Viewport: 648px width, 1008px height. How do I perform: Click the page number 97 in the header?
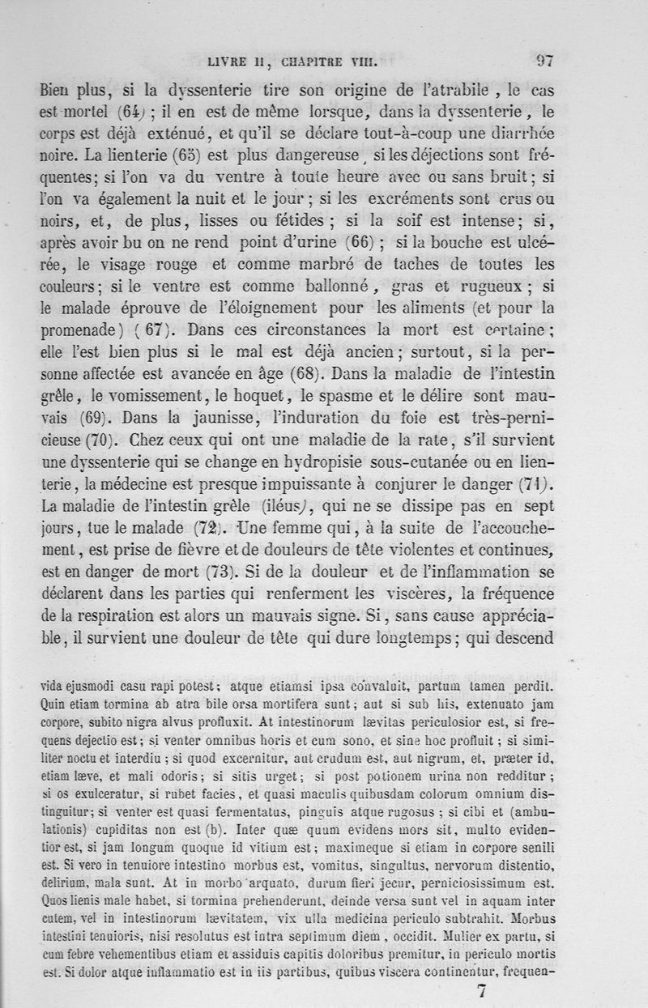pyautogui.click(x=544, y=59)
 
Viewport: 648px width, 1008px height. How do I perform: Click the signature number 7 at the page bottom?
pyautogui.click(x=482, y=990)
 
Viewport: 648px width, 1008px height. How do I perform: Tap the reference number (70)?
pyautogui.click(x=103, y=441)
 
